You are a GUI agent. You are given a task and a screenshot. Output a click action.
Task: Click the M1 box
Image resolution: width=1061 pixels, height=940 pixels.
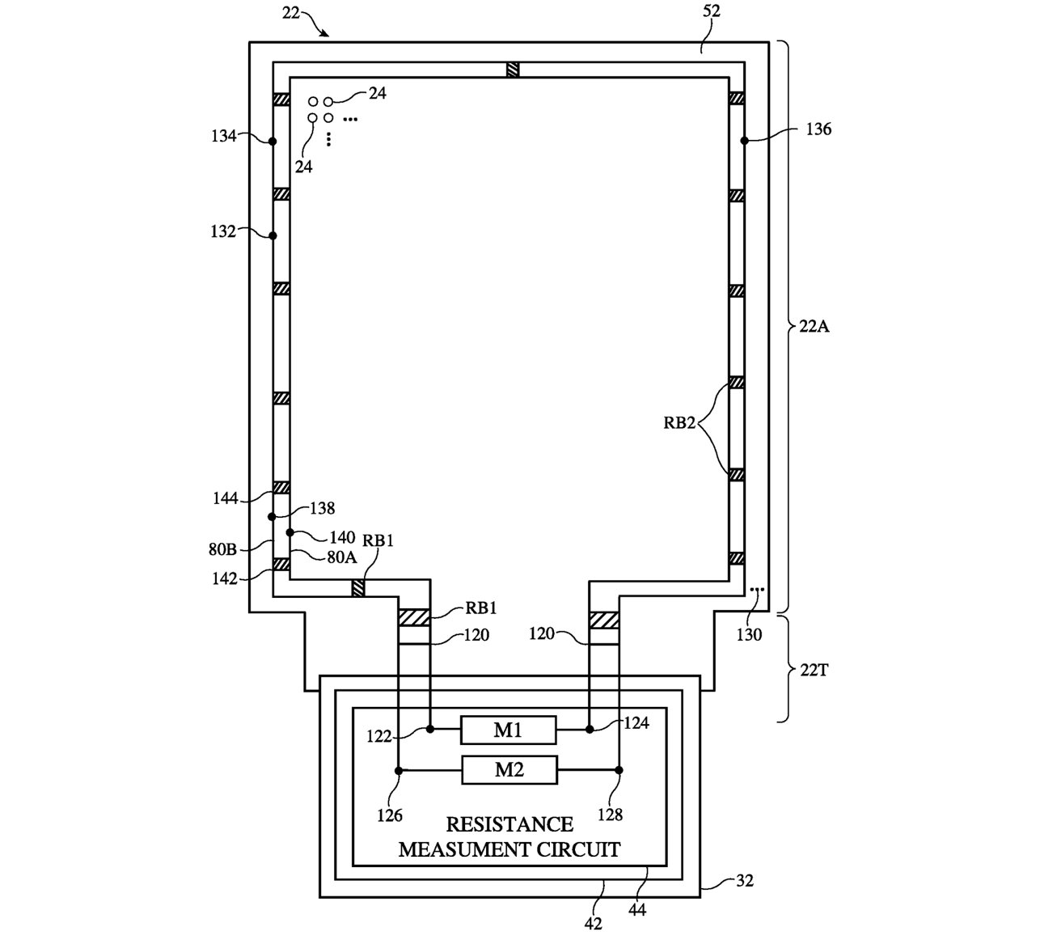508,730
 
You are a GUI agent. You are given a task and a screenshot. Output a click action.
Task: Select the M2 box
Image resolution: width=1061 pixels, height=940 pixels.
509,769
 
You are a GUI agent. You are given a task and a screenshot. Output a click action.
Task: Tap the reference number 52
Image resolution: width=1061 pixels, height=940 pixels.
712,11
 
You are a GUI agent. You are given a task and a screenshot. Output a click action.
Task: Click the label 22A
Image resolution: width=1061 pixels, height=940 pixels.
811,327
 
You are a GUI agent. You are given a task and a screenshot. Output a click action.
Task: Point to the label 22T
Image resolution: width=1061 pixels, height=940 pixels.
810,670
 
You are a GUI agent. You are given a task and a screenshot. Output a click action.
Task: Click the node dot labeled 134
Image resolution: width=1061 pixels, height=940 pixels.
273,142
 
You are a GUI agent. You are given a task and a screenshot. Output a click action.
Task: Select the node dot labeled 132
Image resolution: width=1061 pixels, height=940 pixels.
273,236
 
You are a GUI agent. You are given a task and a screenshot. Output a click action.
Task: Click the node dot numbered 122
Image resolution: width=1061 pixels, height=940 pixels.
430,730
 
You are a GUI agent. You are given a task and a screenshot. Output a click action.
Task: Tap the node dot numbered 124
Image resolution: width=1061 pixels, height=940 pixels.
590,730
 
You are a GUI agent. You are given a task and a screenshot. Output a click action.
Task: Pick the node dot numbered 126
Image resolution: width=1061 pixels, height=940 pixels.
399,770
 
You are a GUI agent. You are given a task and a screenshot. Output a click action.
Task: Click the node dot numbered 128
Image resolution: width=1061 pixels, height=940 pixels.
619,770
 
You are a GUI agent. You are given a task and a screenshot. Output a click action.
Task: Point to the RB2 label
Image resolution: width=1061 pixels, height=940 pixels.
679,421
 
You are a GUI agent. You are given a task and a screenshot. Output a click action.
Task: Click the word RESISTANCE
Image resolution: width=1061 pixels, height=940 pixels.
509,824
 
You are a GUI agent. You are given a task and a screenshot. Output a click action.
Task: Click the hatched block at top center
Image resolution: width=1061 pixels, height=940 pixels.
513,70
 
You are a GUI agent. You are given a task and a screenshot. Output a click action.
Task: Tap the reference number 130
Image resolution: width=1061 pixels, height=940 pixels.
749,635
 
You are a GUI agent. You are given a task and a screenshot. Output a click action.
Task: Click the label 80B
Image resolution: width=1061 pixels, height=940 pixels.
221,549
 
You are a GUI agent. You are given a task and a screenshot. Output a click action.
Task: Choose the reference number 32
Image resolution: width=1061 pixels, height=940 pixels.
744,881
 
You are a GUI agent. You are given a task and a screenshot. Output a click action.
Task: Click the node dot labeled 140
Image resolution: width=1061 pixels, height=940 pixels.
290,533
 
